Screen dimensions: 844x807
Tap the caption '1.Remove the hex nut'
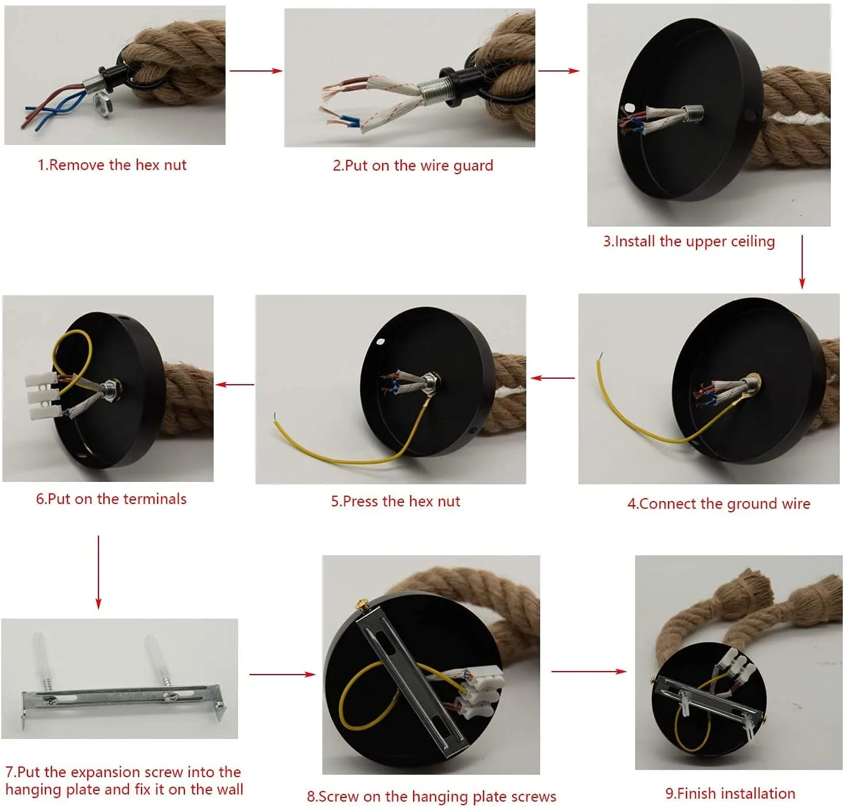[x=112, y=165]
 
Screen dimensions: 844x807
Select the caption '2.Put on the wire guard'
[x=412, y=165]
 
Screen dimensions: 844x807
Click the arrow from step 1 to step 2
[x=256, y=70]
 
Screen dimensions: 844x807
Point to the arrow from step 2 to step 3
[x=558, y=70]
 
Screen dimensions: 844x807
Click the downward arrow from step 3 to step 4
[x=802, y=262]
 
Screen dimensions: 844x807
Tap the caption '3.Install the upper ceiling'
[x=688, y=241]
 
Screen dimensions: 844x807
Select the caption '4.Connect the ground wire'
[x=718, y=503]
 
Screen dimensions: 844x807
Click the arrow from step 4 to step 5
[x=552, y=378]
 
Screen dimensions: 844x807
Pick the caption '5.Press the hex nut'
[x=395, y=501]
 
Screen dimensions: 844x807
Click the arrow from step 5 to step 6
[x=235, y=385]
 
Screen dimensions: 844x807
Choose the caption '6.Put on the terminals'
[x=111, y=499]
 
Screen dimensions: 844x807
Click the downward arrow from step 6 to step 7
[x=98, y=573]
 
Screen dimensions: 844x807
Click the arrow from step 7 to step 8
[x=282, y=675]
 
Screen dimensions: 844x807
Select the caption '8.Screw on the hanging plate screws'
[x=431, y=796]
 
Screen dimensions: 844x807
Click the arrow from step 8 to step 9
[x=589, y=672]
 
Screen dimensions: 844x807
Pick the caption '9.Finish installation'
[x=730, y=793]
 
